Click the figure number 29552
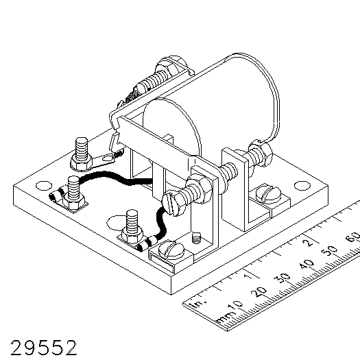point(44,348)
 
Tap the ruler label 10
point(235,306)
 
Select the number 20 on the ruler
point(259,292)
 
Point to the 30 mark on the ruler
point(282,278)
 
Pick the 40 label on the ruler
point(307,265)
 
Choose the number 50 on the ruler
point(330,252)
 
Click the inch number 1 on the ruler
point(248,276)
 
